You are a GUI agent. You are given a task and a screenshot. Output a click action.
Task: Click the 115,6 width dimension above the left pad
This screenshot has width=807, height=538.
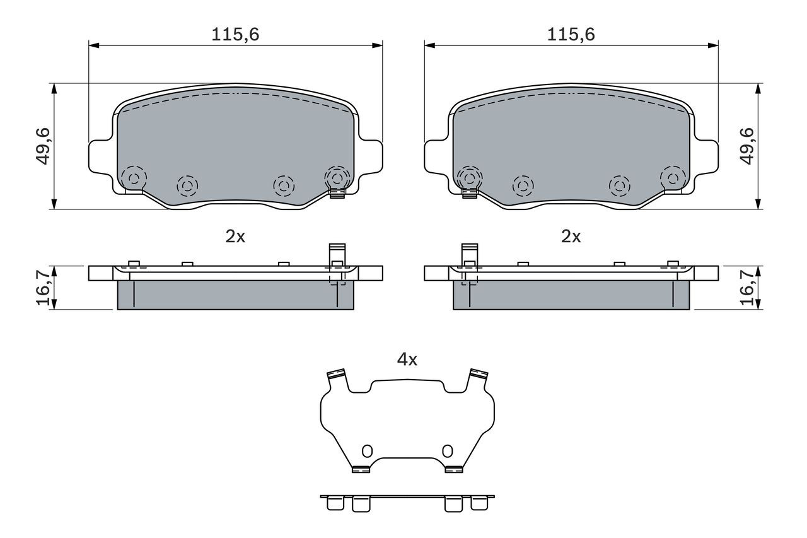(x=235, y=35)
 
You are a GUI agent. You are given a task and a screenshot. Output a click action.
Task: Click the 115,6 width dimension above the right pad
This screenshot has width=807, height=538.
(x=571, y=35)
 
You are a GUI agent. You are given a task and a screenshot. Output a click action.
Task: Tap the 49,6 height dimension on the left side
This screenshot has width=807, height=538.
(x=44, y=146)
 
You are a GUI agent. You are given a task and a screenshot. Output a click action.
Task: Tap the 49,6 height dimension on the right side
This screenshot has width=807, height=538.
(x=748, y=146)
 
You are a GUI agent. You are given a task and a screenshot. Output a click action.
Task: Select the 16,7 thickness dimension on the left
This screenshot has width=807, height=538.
(x=44, y=288)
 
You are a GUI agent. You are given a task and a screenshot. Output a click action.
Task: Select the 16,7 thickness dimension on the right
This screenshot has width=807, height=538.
(x=748, y=288)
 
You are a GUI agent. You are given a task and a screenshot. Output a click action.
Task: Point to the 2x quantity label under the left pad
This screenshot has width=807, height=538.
(x=235, y=237)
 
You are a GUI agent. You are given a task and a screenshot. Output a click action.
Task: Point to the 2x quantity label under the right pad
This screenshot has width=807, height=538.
(x=571, y=237)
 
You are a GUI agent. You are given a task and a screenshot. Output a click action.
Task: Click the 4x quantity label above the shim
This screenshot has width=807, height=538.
(x=407, y=360)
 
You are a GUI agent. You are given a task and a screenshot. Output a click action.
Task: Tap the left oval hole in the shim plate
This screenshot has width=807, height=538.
(x=367, y=451)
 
